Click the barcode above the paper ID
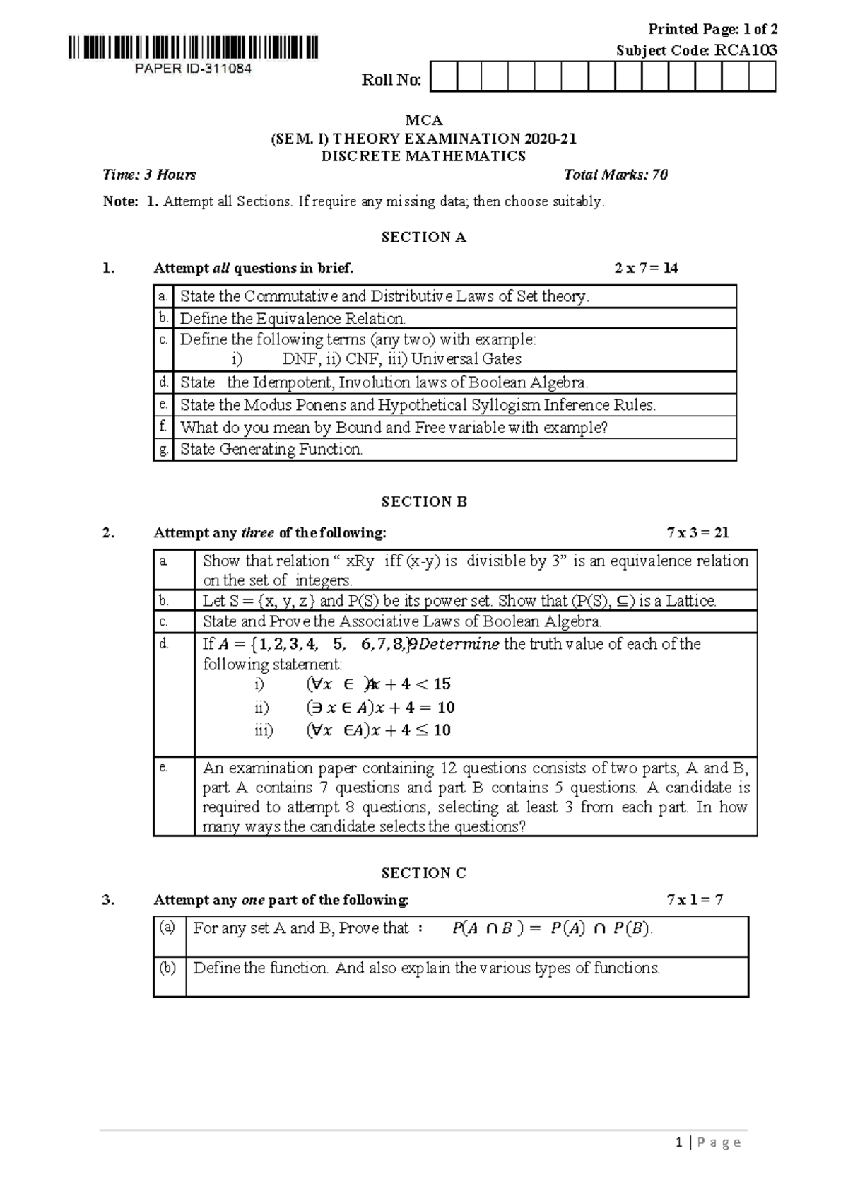point(194,48)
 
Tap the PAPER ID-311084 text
point(193,69)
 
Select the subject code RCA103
point(746,50)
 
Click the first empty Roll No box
point(443,77)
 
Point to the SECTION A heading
point(423,238)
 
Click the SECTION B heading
point(424,502)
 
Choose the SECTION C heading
point(423,873)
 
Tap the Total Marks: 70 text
point(616,175)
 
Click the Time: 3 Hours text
point(149,175)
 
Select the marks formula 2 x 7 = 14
point(646,268)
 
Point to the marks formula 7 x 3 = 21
point(697,532)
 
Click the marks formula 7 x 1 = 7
point(695,900)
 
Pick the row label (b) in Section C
point(167,967)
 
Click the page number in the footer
point(678,1142)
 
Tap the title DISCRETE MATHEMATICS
point(423,156)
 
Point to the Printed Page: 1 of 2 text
point(712,29)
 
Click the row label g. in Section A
point(163,450)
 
